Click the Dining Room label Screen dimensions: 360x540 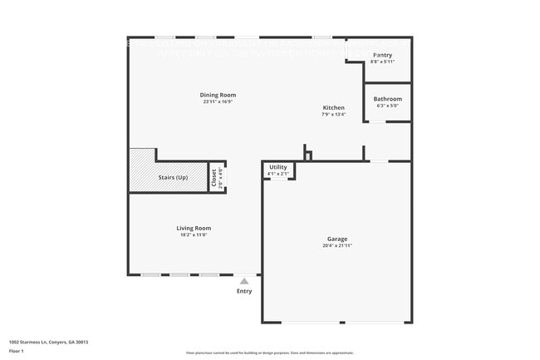pos(218,95)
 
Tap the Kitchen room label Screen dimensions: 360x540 pos(334,108)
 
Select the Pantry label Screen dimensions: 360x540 pos(382,55)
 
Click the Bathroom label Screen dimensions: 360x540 pos(387,99)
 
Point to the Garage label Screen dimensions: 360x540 pos(337,239)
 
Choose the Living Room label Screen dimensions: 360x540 pos(194,228)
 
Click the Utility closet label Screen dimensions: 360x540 pos(278,167)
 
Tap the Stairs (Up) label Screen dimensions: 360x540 pos(173,178)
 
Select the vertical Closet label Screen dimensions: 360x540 pos(214,177)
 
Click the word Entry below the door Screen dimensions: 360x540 pos(244,291)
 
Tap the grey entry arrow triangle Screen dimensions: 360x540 pos(244,282)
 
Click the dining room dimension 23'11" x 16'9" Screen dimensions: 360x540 pos(218,102)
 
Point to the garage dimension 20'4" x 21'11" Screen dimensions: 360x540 pos(337,246)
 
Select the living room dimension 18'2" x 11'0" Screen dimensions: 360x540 pos(194,235)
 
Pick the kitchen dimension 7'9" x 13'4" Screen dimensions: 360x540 pos(334,116)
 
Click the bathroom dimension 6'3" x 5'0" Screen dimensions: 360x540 pos(387,106)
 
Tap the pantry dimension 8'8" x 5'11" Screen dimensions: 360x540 pos(382,62)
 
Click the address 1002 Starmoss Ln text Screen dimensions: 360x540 pos(48,342)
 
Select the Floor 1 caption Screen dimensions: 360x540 pos(17,352)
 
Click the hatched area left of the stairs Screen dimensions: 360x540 pos(142,170)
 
